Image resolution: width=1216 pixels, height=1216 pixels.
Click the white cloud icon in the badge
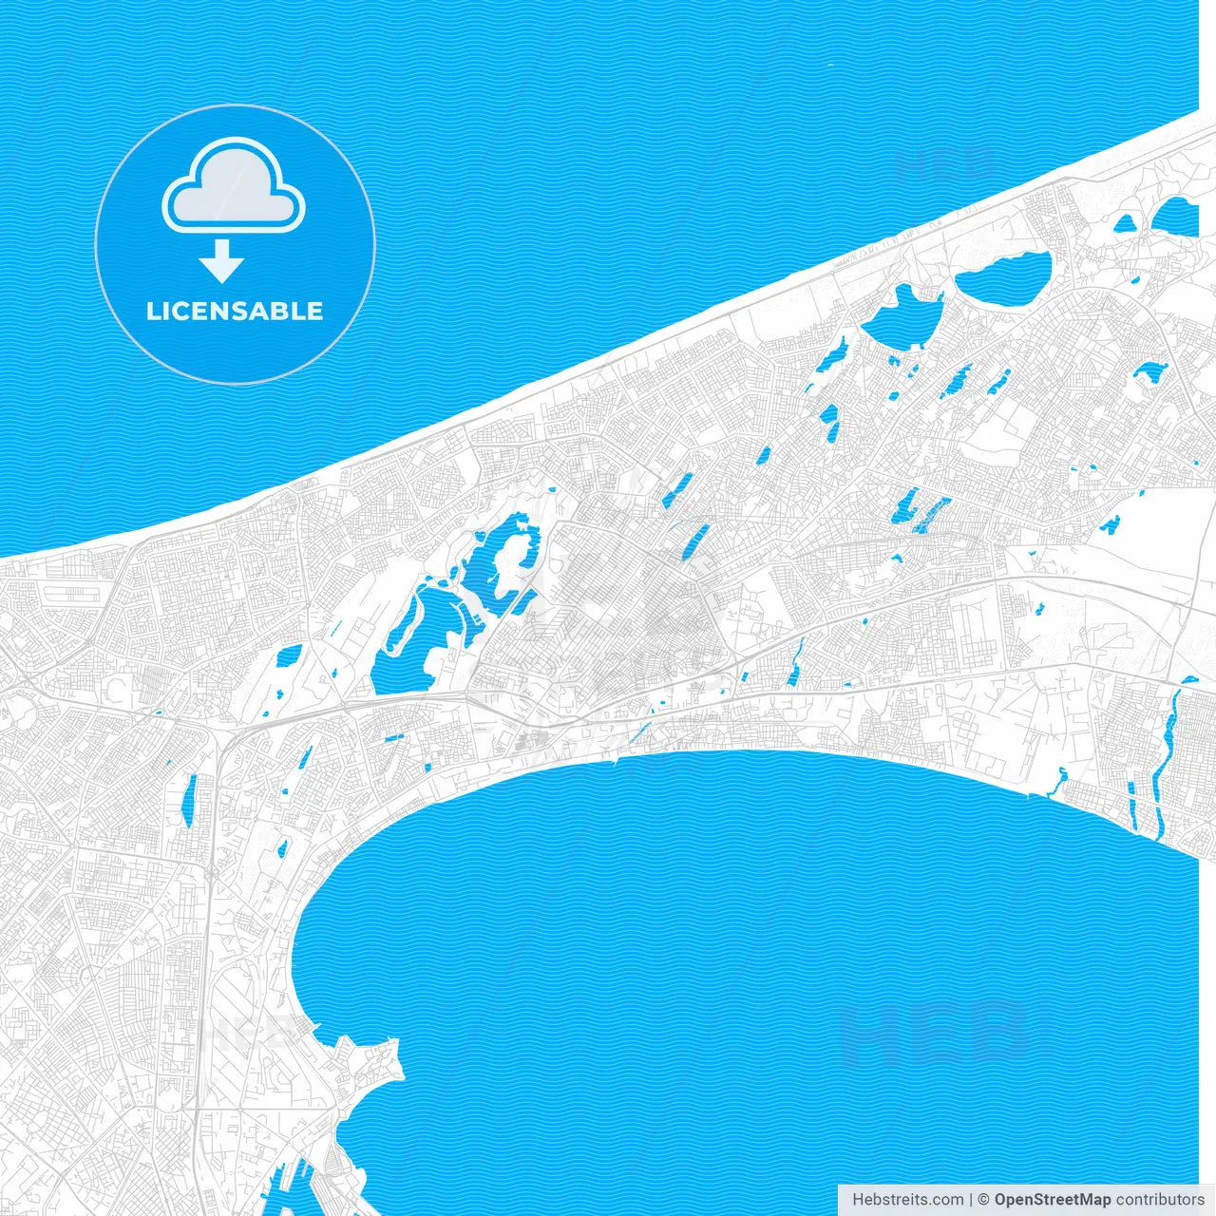[x=234, y=190]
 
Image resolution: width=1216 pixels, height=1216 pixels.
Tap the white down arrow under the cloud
[x=222, y=262]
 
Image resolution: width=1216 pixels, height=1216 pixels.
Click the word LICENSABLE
[x=235, y=311]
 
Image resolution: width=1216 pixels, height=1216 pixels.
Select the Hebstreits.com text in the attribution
[x=907, y=1200]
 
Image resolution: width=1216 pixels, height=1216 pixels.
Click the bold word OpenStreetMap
[x=1053, y=1200]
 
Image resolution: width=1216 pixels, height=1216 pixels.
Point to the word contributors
[x=1160, y=1200]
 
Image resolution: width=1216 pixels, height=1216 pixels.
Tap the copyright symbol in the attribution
[x=984, y=1200]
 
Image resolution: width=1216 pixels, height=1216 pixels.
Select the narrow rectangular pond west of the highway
[x=189, y=798]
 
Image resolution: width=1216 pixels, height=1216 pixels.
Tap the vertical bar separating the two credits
[x=971, y=1200]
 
